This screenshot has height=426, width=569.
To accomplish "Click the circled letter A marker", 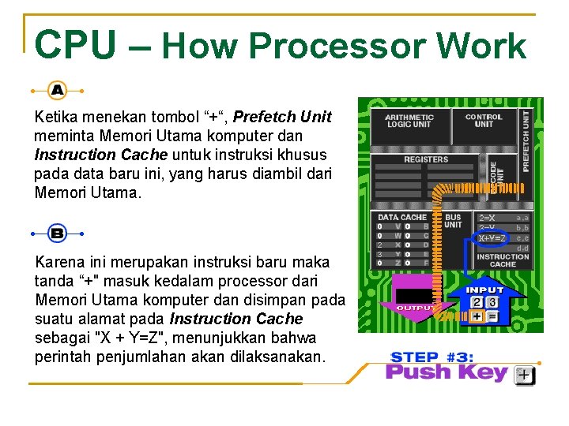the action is pos(57,91).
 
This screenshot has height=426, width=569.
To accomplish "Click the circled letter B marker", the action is pos(57,234).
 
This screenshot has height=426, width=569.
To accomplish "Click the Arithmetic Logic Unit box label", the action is pos(409,121).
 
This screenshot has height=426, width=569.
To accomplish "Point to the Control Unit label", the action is pos(484,121).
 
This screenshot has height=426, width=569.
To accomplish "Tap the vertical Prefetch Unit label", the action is pos(526,141).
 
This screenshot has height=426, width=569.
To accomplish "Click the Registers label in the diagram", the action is pos(426,159).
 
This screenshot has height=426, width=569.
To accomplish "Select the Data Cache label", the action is pos(401,217).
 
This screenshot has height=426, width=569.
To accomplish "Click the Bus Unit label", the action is pos(453,221).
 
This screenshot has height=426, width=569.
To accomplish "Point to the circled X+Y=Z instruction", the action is pos(492,237).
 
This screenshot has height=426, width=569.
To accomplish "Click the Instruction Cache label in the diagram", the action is pos(503,260).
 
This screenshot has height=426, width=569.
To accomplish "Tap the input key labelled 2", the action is pos(476,301).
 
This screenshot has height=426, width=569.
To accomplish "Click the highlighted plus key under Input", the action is pos(476,316).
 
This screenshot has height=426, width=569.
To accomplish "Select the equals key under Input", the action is pos(492,316).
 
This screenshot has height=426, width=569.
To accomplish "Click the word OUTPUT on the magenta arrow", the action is pos(413,308).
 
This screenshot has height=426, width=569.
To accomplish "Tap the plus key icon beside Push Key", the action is pos(524,376).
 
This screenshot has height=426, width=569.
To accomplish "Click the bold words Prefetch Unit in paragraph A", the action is pos(282,118).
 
